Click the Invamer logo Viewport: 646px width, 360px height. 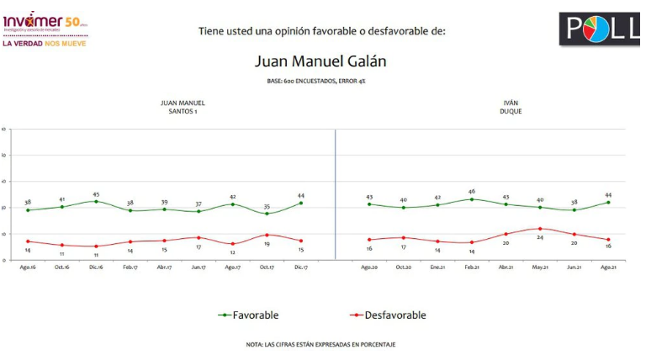(42, 21)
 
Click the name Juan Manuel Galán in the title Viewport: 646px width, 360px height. (322, 61)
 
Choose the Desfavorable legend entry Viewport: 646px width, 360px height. (383, 315)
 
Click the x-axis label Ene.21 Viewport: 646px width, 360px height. (437, 267)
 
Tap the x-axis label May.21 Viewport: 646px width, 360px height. (540, 267)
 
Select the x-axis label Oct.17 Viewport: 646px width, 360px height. (267, 267)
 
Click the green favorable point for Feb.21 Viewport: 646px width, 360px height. (472, 199)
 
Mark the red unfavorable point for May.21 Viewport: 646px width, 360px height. (540, 228)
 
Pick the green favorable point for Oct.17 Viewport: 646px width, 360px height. (267, 214)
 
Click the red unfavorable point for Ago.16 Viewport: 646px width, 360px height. (28, 241)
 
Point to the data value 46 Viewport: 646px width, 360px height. (472, 192)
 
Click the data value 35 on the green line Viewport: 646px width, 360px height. (267, 205)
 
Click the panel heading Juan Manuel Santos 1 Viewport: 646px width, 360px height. (183, 107)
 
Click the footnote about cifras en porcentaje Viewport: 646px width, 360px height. (320, 343)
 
